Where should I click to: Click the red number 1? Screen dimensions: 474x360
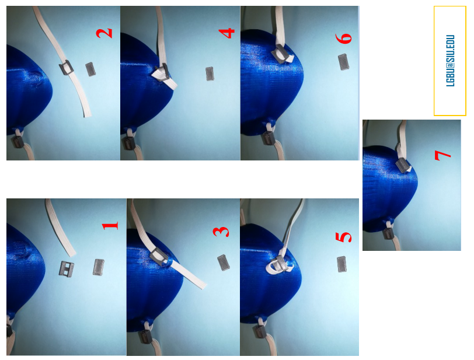[x=110, y=226]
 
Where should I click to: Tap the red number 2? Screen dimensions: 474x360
[x=104, y=33]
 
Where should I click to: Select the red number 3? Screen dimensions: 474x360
[x=221, y=232]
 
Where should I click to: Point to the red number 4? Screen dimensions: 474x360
[x=226, y=33]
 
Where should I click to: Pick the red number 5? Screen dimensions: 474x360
[x=343, y=237]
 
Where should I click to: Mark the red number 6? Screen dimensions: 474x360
[x=344, y=39]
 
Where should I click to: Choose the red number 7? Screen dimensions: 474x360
[x=443, y=155]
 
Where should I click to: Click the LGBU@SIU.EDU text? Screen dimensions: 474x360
[x=450, y=61]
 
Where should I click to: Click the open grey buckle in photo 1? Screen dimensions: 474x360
[x=67, y=269]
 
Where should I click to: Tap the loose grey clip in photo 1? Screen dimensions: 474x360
[x=99, y=267]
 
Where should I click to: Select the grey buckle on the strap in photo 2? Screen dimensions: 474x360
[x=66, y=68]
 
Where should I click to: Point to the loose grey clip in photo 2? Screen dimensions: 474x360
[x=90, y=69]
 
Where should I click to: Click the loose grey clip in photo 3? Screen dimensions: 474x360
[x=223, y=263]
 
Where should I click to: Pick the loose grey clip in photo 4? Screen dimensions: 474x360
[x=210, y=74]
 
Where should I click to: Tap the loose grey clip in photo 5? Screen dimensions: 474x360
[x=341, y=264]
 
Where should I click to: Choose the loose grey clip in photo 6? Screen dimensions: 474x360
[x=343, y=62]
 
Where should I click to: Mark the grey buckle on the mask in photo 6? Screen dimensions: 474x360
[x=281, y=54]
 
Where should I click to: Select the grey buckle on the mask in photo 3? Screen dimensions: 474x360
[x=158, y=256]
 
